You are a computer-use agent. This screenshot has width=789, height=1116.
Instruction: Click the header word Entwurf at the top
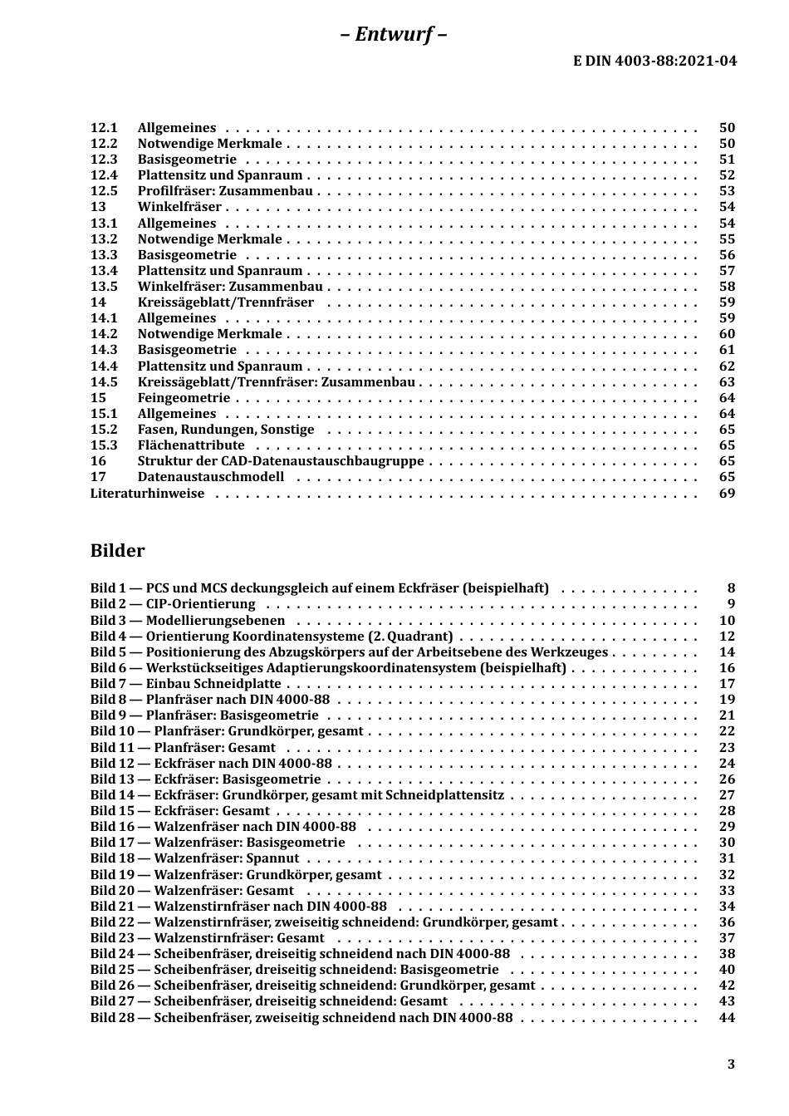coord(394,34)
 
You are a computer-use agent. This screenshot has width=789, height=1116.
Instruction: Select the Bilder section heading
coord(117,551)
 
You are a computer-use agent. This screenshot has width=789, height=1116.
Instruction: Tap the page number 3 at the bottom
coord(731,1064)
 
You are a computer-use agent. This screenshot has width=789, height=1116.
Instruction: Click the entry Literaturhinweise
coord(147,494)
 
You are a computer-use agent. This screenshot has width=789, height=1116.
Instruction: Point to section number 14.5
coord(104,382)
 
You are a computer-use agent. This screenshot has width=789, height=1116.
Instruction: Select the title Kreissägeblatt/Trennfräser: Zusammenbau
coord(276,382)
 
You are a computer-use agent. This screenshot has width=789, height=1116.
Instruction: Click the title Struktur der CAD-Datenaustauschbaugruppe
coord(280,461)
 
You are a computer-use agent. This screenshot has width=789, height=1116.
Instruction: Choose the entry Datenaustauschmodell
coord(210,477)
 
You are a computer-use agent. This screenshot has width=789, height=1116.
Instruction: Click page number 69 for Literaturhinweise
coord(727,494)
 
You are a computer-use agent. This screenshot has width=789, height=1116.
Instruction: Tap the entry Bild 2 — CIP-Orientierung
coord(173,604)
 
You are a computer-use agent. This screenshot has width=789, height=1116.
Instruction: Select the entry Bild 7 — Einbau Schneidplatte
coord(185,684)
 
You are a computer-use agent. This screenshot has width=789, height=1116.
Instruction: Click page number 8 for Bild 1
coord(731,588)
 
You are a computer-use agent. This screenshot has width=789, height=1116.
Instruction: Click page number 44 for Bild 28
coord(727,1017)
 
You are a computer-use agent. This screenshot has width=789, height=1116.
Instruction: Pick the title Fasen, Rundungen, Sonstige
coord(226,430)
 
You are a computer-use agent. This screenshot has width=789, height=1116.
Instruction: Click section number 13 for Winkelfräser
coord(98,207)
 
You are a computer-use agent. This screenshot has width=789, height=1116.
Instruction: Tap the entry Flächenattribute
coord(191,445)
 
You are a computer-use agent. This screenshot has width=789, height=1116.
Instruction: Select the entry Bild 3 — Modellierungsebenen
coord(188,621)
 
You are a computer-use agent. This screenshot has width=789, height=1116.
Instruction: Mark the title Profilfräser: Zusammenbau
coord(225,191)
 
